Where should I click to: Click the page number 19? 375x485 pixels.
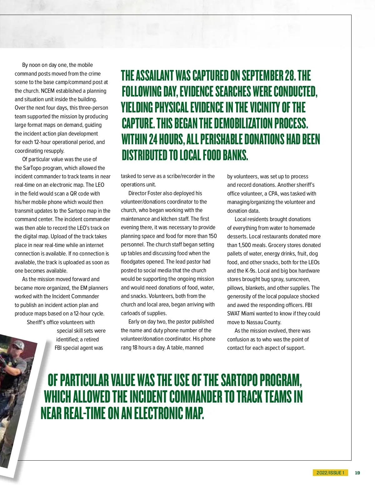tap(357, 473)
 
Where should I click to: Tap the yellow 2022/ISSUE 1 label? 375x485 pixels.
tap(330, 473)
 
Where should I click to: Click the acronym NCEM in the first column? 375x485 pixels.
tap(47, 91)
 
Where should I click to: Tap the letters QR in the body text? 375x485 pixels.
tap(74, 194)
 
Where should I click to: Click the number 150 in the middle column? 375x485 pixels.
tap(213, 236)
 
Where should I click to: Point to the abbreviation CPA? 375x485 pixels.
tap(273, 194)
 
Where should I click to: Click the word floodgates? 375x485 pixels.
tap(134, 262)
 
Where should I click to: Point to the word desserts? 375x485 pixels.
tap(237, 236)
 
